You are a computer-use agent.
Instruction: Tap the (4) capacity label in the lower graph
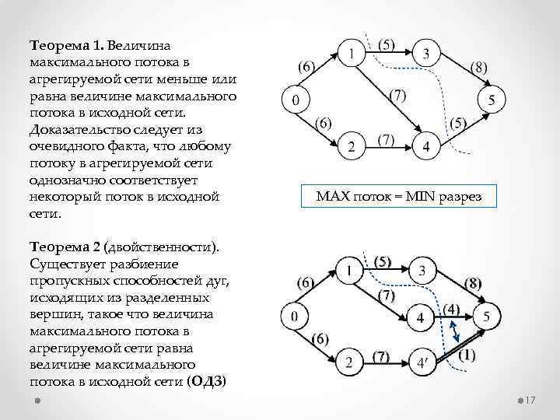pos(453,309)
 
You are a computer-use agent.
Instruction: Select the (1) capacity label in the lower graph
pos(467,355)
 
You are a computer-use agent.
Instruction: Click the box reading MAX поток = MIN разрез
pos(399,197)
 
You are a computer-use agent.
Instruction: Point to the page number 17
pos(532,401)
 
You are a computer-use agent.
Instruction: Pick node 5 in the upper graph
pos(491,100)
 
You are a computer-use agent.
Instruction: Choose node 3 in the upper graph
pos(427,54)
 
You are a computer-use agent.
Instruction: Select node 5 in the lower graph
pos(486,317)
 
